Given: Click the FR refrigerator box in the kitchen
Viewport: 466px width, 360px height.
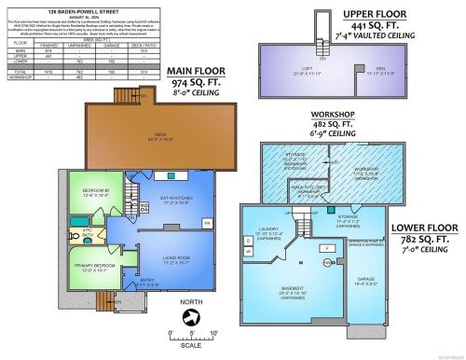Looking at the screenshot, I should tap(206, 222).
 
